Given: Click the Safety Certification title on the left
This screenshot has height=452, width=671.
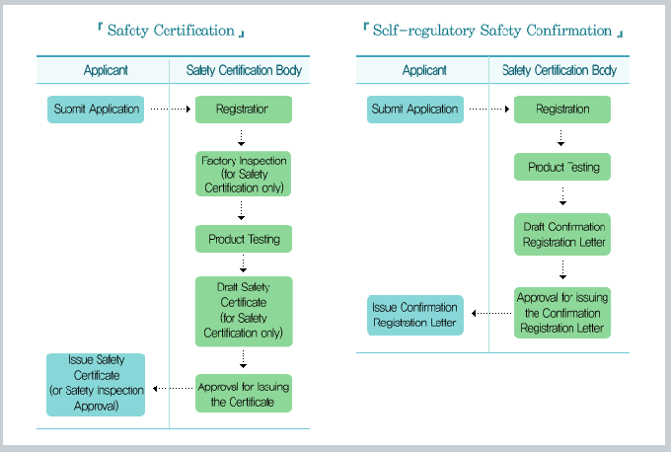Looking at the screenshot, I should coord(172,31).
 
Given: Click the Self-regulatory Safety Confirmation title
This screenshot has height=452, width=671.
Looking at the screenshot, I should coord(493,31).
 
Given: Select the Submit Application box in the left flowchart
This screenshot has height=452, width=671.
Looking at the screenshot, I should coord(96,109).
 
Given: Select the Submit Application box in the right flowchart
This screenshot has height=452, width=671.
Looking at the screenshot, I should coord(414,109).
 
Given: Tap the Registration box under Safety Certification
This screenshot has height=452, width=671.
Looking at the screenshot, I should coord(243,109).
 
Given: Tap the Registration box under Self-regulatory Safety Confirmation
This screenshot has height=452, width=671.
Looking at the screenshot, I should coord(562,109).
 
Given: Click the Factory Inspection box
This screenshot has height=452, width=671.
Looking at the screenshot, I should coord(243,174).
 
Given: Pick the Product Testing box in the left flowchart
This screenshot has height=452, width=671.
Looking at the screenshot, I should coord(243,239).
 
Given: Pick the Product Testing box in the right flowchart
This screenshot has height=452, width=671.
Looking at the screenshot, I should coord(562,167).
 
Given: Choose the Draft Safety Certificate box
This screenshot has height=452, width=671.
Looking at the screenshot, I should coord(243,310).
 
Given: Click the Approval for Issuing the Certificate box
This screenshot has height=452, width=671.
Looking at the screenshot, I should coord(243,394).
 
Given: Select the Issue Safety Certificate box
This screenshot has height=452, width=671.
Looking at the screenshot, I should coord(96,384).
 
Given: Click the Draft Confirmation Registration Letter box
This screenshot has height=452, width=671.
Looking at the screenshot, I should coord(562,234).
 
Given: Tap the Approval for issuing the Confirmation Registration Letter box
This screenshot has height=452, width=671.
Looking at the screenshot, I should coord(562,313).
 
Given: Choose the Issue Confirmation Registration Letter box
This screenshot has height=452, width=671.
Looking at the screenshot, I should coord(414,314).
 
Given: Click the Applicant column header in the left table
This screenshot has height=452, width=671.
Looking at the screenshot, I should coord(105,71).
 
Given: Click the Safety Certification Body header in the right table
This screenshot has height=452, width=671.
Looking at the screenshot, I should coord(559,71).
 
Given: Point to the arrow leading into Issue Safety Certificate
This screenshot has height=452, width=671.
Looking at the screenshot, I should coord(170,388).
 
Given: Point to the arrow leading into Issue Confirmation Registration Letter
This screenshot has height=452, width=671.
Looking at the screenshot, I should coord(488,314).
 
